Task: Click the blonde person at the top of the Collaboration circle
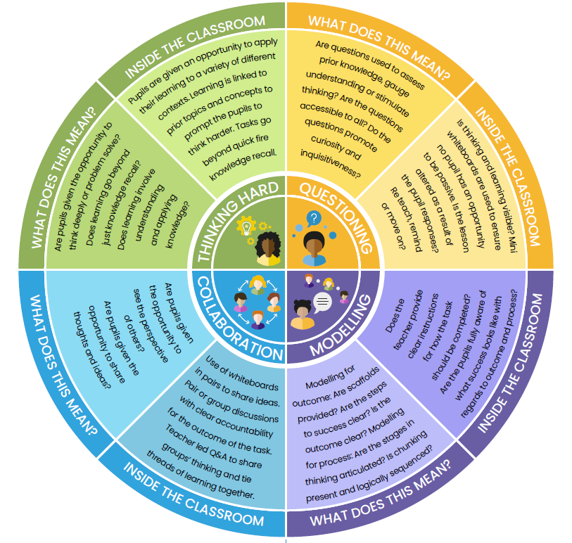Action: (x=257, y=285)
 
